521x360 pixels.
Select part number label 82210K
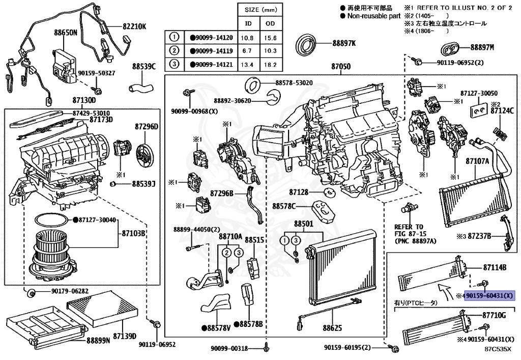[133, 26]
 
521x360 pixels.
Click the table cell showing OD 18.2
[271, 65]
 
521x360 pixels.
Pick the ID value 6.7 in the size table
[249, 51]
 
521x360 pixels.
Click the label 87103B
[134, 233]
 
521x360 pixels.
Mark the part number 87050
[341, 67]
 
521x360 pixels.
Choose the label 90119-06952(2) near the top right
[460, 63]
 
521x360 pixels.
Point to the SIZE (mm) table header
[260, 10]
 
